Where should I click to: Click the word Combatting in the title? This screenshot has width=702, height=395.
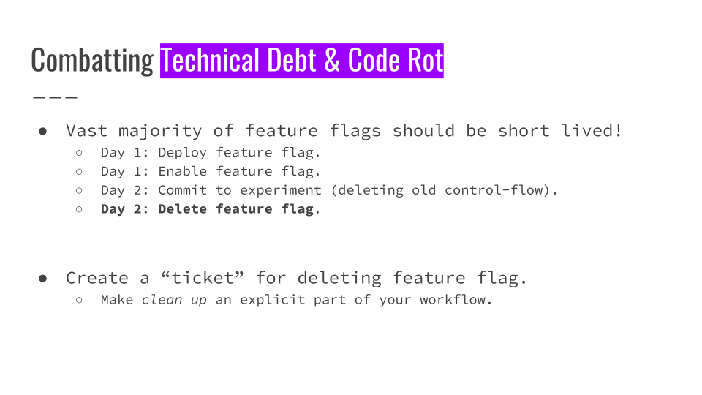tap(92, 61)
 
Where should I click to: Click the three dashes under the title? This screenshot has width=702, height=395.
tap(55, 97)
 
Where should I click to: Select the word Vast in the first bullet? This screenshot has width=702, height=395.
tap(86, 131)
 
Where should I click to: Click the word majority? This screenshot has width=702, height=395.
tap(160, 132)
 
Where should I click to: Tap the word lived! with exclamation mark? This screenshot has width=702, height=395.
tap(592, 130)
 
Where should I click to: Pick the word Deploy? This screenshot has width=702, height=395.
tap(183, 153)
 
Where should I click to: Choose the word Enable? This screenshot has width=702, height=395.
tap(183, 171)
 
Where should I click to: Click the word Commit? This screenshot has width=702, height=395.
tap(183, 190)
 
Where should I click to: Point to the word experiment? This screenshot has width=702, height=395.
tap(281, 191)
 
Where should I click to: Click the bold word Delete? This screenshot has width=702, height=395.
tap(183, 208)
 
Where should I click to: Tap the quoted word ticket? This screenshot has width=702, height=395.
tap(203, 278)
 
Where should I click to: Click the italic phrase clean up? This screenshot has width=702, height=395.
tap(175, 300)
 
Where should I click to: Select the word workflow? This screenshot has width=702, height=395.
tap(453, 299)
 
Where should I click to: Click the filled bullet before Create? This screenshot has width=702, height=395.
tap(43, 279)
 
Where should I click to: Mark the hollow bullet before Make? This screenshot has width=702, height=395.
tap(79, 300)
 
